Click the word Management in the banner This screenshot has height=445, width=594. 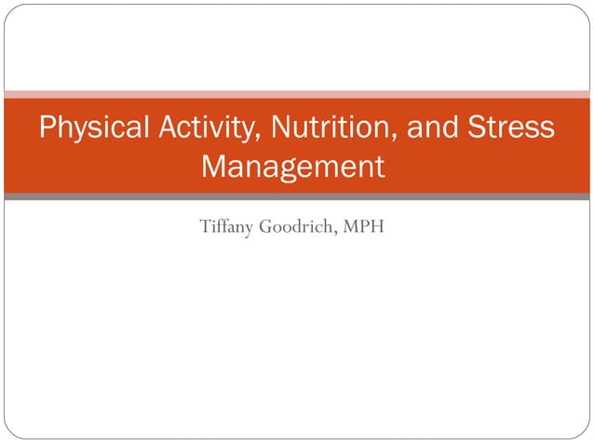[292, 168]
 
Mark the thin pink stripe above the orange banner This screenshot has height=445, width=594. [297, 94]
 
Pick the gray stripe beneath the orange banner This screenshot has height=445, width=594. [297, 196]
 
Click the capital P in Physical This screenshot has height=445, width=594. [47, 128]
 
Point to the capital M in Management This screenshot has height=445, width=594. [215, 168]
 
